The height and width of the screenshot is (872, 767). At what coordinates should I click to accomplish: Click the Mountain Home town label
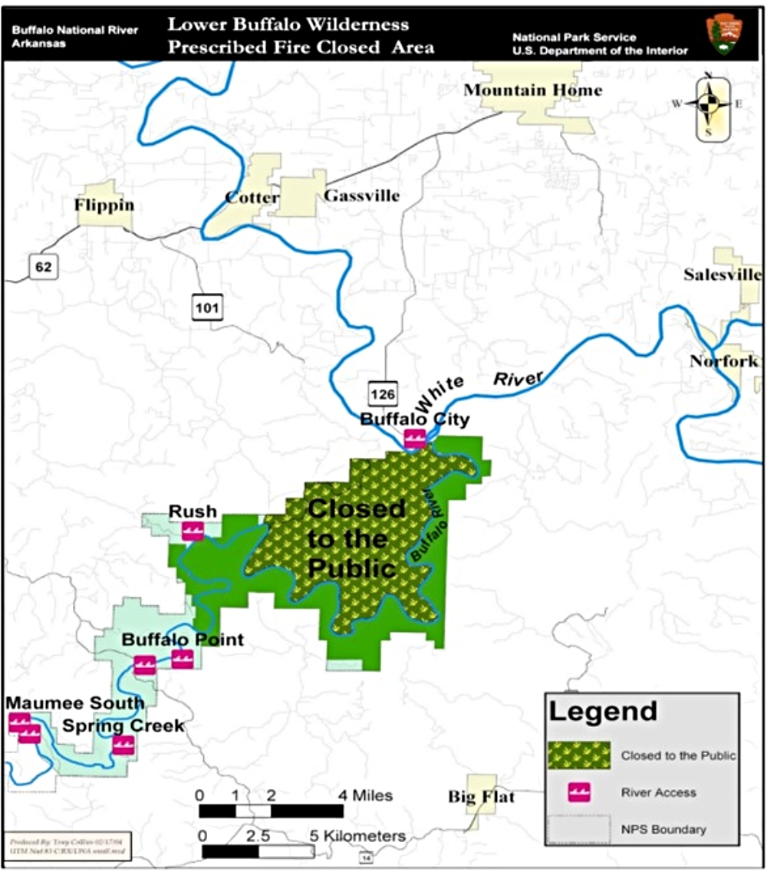(533, 90)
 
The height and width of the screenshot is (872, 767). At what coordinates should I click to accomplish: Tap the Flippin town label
(104, 205)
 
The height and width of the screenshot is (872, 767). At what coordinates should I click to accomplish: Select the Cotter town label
(252, 197)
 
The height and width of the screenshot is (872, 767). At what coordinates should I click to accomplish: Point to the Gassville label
(362, 196)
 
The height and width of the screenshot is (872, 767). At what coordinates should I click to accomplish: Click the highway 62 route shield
(41, 267)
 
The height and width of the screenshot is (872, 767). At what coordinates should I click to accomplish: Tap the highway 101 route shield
(208, 308)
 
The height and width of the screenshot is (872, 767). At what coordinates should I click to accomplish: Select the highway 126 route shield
(383, 394)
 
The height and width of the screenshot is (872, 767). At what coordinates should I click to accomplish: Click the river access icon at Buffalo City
(415, 439)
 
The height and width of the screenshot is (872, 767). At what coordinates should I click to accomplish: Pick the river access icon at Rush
(192, 530)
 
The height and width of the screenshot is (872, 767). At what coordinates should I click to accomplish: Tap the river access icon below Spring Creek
(123, 744)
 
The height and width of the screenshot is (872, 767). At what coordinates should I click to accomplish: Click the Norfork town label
(723, 360)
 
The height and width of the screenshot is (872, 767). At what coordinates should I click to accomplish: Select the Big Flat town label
(481, 798)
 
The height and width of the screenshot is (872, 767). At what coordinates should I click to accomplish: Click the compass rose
(712, 105)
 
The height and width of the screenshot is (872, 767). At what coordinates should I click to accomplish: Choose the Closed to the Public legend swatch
(579, 755)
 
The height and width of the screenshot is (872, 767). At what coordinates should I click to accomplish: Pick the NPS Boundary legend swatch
(579, 829)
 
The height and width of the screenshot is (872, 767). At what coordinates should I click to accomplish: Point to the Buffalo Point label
(183, 639)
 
